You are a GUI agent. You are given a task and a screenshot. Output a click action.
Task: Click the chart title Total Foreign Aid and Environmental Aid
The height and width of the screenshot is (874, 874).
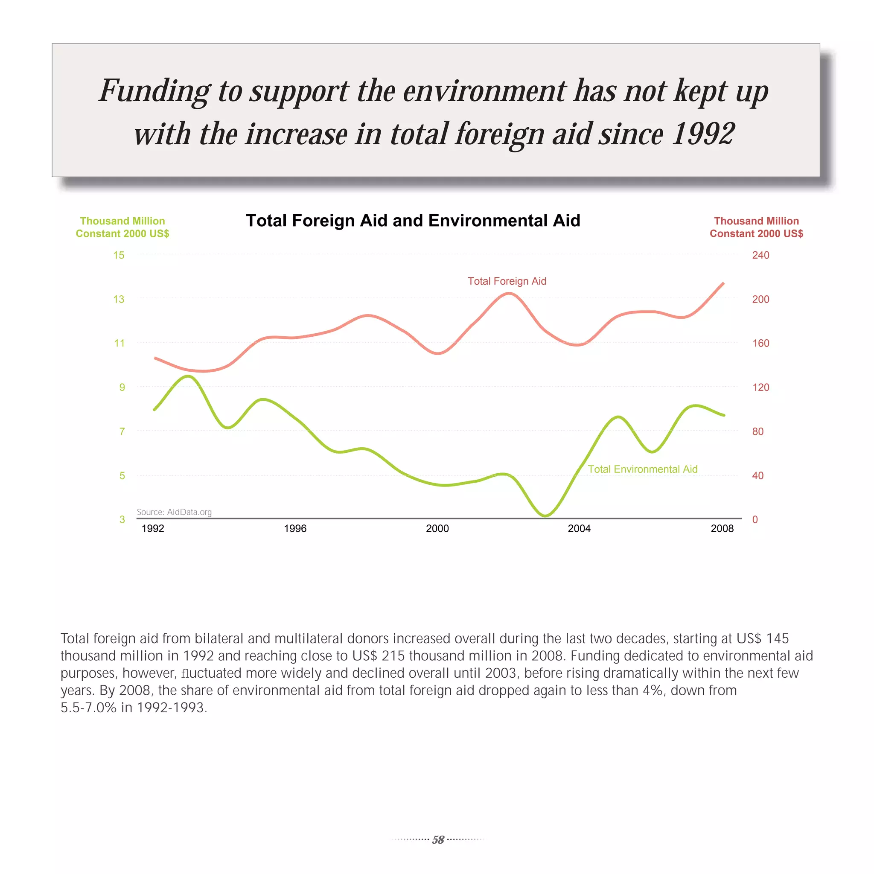coord(413,221)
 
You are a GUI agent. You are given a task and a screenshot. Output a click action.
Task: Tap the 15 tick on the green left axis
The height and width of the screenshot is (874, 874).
coord(119,255)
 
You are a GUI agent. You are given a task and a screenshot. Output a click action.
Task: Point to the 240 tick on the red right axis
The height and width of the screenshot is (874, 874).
coord(760,255)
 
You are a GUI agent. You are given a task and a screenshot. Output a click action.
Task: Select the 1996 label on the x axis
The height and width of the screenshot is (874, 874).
coord(295,528)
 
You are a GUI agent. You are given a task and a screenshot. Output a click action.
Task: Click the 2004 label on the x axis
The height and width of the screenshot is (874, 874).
coord(579,528)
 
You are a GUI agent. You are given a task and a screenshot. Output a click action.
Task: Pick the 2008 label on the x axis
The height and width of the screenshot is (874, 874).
coord(722,528)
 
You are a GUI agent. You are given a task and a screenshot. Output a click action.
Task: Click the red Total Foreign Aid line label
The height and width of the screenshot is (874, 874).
coord(507,281)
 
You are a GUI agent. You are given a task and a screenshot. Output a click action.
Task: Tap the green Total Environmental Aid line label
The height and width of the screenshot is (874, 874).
coord(642,469)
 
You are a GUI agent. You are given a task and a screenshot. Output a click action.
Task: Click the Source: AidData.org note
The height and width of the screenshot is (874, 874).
coord(174,512)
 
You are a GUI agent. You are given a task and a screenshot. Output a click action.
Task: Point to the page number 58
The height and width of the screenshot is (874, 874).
coord(438,840)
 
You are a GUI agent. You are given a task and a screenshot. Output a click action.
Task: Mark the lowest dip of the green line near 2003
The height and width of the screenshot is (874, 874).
coord(545,515)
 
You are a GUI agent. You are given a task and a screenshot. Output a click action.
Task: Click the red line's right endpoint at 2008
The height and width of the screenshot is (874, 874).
coord(723,283)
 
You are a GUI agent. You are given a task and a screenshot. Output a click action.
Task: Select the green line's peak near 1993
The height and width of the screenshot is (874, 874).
coord(188,376)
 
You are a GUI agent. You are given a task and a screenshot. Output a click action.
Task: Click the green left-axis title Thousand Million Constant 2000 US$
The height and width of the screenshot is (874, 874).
coord(122,227)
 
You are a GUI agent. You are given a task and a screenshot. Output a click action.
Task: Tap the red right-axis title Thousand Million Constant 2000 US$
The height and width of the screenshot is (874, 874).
coord(756,227)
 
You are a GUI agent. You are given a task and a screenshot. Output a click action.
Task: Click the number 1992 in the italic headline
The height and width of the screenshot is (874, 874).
coord(703,134)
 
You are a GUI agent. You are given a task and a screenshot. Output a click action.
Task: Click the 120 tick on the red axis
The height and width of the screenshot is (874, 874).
coord(760,387)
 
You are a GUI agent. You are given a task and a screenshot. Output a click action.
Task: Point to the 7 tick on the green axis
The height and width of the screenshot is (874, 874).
coord(122,431)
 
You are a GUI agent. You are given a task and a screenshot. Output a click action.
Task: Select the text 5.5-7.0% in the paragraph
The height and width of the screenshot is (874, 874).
coord(89,708)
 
